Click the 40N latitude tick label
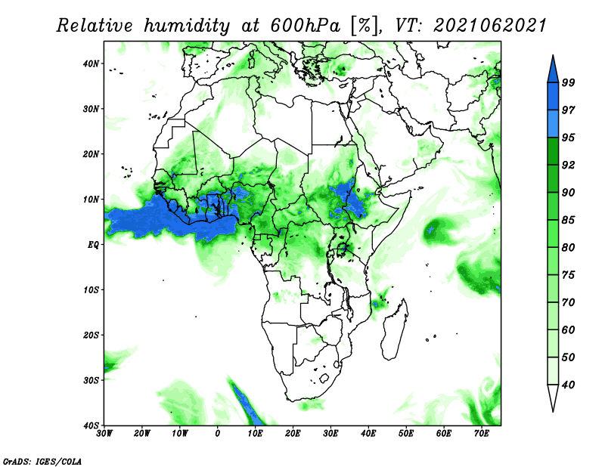[x=90, y=63]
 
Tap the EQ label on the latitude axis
[x=93, y=245]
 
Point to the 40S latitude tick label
[x=90, y=425]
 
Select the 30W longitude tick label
[x=104, y=434]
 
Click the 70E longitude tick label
[x=482, y=434]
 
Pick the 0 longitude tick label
[x=218, y=434]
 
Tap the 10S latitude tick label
[x=90, y=290]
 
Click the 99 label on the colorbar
[x=569, y=82]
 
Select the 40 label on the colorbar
[x=569, y=385]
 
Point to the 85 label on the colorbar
[x=569, y=220]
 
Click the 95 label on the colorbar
[x=569, y=138]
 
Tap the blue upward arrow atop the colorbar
[x=553, y=70]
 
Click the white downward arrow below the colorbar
[x=553, y=398]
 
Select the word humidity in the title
[x=187, y=26]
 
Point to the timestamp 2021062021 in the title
[x=490, y=26]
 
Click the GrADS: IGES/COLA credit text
[x=42, y=462]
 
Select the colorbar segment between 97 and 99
[x=553, y=97]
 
